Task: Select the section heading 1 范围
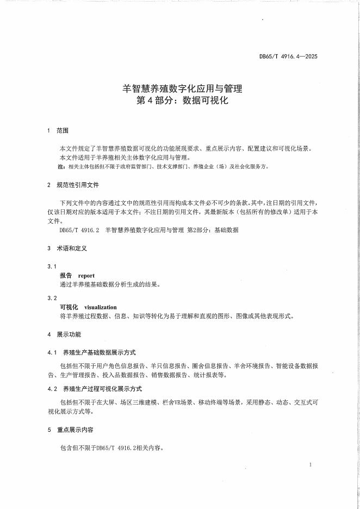58,131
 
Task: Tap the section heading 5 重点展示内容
71,430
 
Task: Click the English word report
86,276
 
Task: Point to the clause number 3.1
52,266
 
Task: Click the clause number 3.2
52,298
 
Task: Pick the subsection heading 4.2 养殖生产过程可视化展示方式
95,389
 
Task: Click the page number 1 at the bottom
309,465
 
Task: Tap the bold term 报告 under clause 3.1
66,276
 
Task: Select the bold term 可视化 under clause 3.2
69,307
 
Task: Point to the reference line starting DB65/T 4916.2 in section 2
149,230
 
